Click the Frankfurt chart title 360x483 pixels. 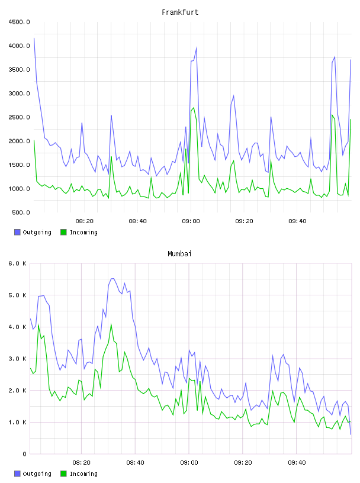(180, 12)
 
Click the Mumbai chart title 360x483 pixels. (179, 254)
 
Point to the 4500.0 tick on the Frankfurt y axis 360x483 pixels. (20, 22)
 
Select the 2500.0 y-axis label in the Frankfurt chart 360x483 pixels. (20, 117)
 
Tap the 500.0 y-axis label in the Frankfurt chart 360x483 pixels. (21, 212)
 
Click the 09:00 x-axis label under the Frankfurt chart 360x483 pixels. (191, 221)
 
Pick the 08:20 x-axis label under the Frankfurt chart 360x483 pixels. (85, 221)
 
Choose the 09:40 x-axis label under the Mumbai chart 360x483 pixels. (297, 463)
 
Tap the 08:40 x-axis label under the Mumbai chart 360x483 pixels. (136, 463)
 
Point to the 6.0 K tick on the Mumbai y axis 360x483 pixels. (18, 263)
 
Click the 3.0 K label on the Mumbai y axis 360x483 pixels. (18, 359)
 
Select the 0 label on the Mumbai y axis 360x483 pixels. (24, 454)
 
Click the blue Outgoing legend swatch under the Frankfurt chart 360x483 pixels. (17, 232)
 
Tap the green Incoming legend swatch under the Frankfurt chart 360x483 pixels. (63, 232)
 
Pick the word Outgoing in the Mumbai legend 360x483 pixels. (37, 474)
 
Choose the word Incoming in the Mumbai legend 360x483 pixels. (83, 474)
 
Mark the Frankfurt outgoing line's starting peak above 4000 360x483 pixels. (34, 38)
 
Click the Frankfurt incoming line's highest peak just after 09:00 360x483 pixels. (194, 108)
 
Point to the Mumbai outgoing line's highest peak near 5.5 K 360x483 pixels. (112, 278)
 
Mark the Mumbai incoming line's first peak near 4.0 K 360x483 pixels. (38, 325)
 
